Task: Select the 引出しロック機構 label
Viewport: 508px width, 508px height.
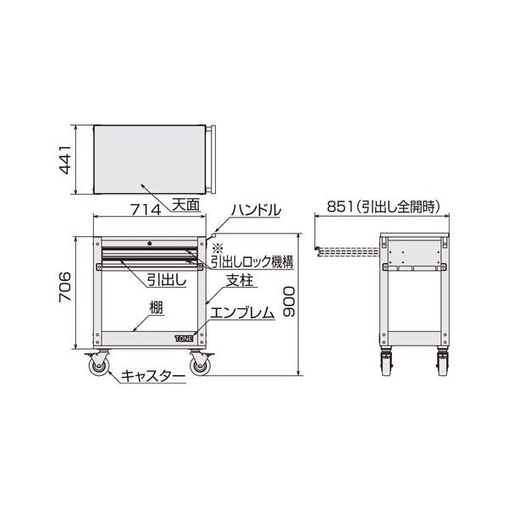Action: [251, 262]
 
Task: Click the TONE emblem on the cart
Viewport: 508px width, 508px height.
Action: [184, 337]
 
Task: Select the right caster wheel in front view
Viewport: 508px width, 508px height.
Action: [201, 365]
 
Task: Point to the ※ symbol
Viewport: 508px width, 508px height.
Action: [217, 247]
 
